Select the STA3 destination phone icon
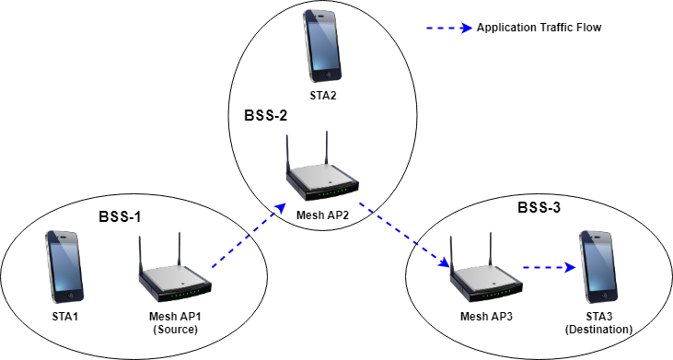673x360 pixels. click(598, 267)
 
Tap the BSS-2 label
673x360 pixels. click(266, 117)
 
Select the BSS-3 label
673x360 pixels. click(540, 208)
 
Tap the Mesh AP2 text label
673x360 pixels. click(321, 215)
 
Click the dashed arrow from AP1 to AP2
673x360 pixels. click(244, 240)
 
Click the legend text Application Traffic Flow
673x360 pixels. click(539, 28)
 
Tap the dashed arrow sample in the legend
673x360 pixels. click(448, 28)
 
